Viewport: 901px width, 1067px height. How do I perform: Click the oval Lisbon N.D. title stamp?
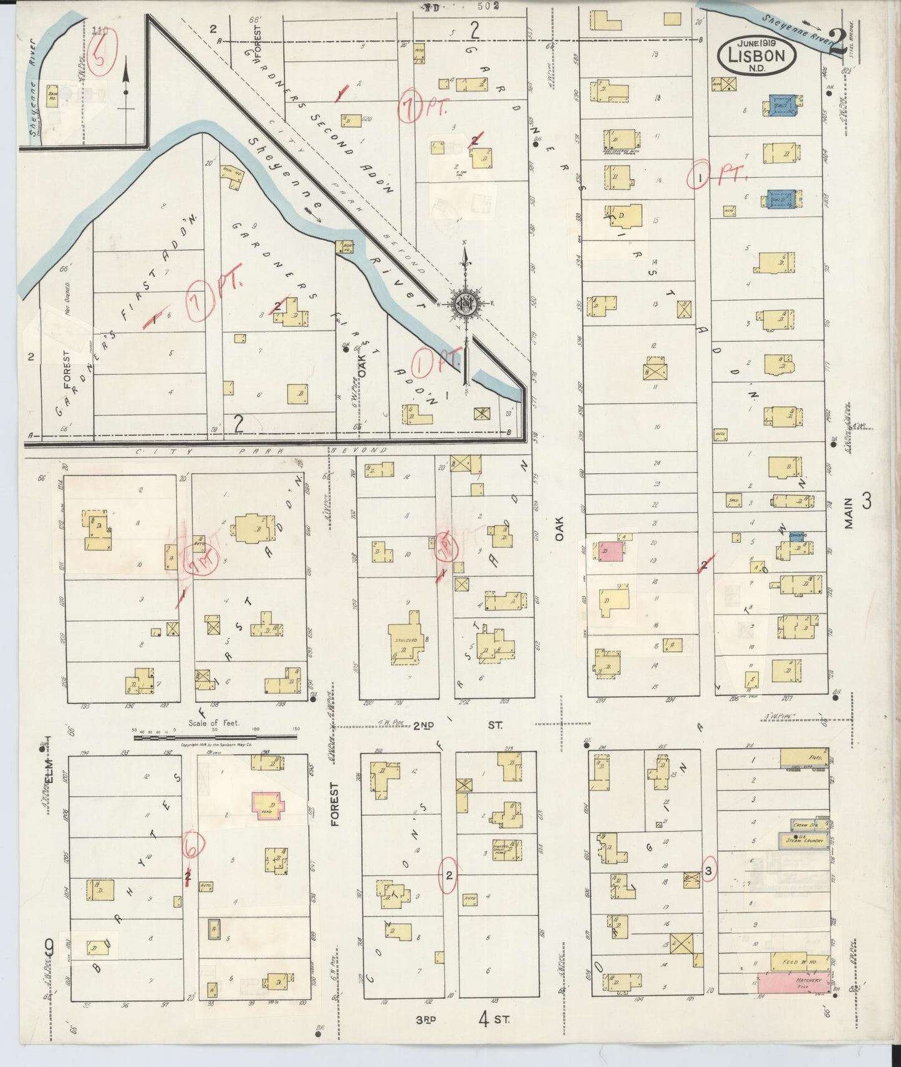click(x=756, y=55)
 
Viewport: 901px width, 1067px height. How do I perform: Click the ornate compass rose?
click(x=465, y=304)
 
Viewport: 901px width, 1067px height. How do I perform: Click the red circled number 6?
click(x=191, y=848)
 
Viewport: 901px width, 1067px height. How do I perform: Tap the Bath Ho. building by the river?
click(x=52, y=98)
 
